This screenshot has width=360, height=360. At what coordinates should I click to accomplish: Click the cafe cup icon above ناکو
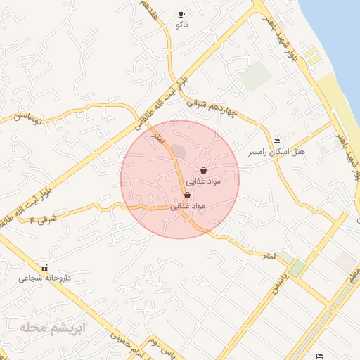(181, 14)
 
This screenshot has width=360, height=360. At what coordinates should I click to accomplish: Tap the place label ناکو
(181, 25)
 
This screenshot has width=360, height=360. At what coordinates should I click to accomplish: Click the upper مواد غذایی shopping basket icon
(203, 170)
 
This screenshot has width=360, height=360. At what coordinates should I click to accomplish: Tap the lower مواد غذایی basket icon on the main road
(186, 195)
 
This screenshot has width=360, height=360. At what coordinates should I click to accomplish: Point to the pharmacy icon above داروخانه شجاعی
(45, 267)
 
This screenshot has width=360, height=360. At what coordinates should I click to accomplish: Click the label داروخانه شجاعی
(44, 278)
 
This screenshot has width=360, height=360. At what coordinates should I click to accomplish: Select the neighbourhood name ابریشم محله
(53, 327)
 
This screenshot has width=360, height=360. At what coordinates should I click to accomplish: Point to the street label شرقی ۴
(42, 219)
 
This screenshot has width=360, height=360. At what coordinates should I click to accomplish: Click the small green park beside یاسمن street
(297, 268)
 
